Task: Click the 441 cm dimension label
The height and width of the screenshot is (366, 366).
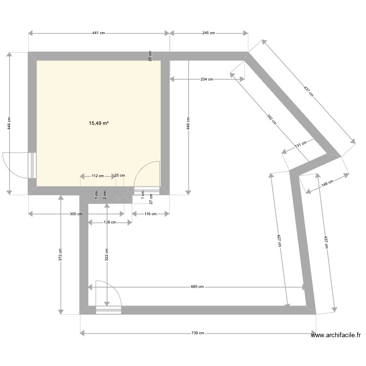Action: click(x=99, y=33)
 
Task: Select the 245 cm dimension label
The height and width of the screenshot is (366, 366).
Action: click(x=209, y=33)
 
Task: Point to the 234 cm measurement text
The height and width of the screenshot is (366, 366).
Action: click(x=206, y=79)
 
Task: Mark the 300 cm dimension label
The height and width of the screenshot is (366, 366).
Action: click(x=76, y=214)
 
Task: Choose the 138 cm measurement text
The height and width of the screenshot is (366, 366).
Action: click(x=110, y=223)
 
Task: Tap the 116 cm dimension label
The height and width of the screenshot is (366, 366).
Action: click(x=151, y=214)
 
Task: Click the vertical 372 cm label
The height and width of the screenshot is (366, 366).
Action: click(x=61, y=255)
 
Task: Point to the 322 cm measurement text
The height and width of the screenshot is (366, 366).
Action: click(x=106, y=255)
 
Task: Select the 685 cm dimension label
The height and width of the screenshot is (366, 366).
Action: click(x=197, y=287)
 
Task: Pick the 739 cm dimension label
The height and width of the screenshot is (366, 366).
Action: click(x=198, y=333)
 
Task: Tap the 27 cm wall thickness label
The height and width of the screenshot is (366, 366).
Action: click(x=151, y=199)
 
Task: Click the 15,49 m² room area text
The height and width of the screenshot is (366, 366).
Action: click(x=99, y=123)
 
